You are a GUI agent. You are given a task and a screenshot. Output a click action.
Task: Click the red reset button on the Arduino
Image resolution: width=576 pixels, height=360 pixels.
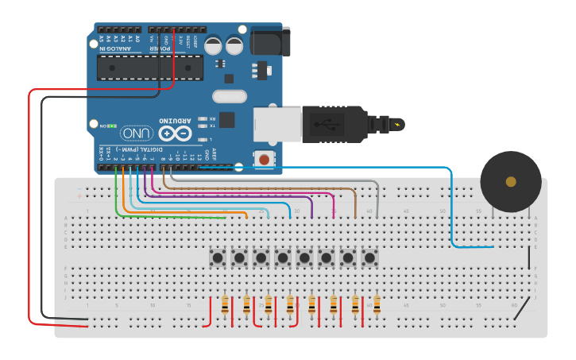pyautogui.click(x=263, y=160)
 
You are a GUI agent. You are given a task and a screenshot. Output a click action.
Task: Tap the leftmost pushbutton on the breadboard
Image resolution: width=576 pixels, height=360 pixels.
pyautogui.click(x=218, y=257)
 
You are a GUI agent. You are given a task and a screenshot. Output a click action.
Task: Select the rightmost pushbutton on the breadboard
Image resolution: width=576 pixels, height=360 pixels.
pyautogui.click(x=369, y=257)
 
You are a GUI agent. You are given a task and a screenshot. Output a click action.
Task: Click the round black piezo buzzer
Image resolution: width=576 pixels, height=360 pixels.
pyautogui.click(x=511, y=181)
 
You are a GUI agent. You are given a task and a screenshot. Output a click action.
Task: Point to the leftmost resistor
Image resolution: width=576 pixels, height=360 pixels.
pyautogui.click(x=225, y=304)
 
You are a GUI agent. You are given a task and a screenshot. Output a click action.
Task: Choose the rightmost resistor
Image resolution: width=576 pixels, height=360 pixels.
pyautogui.click(x=377, y=304)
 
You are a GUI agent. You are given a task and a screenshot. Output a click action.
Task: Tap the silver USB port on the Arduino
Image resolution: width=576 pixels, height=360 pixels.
pyautogui.click(x=277, y=125)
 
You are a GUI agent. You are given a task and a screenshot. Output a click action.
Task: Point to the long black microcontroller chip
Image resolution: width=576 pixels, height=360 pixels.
pyautogui.click(x=149, y=68)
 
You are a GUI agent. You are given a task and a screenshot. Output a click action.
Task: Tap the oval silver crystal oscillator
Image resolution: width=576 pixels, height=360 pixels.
pyautogui.click(x=230, y=97)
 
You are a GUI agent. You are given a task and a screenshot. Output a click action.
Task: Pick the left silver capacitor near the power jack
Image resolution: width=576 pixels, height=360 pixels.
pyautogui.click(x=213, y=45)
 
